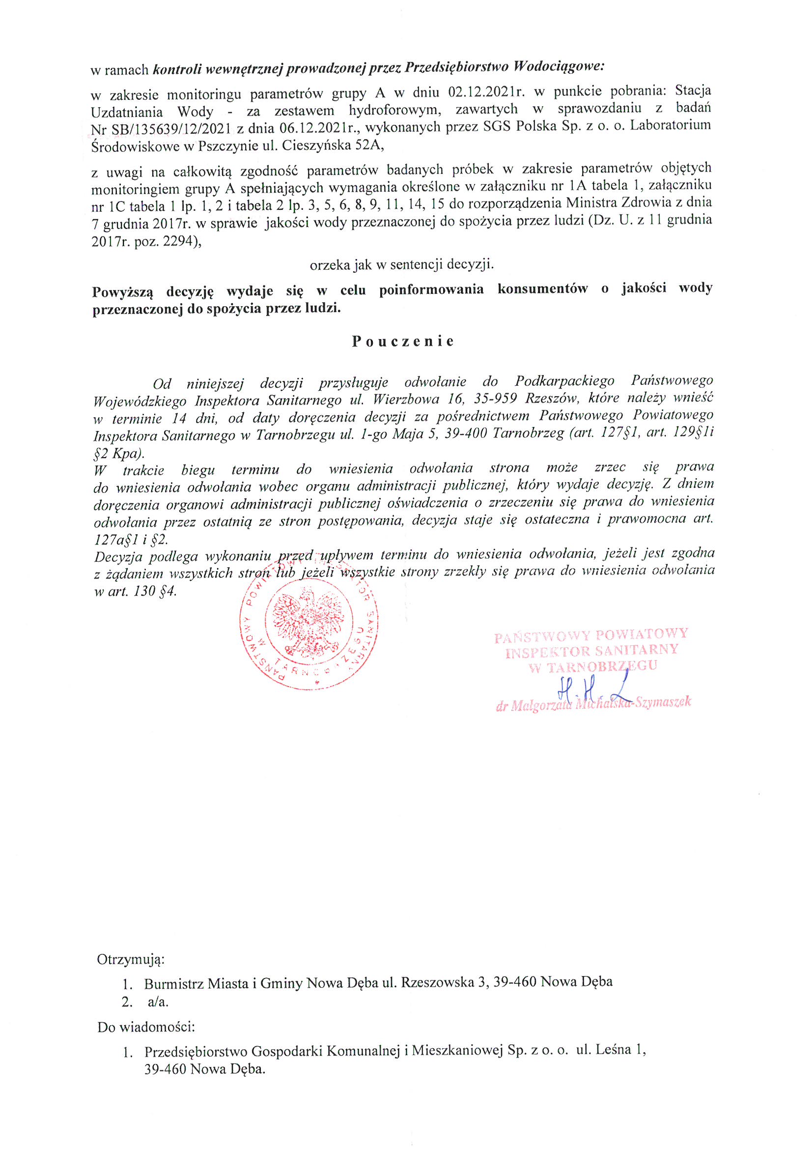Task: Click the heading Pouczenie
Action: coord(403,341)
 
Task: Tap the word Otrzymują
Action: coord(131,959)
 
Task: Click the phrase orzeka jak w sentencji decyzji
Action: coord(402,265)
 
